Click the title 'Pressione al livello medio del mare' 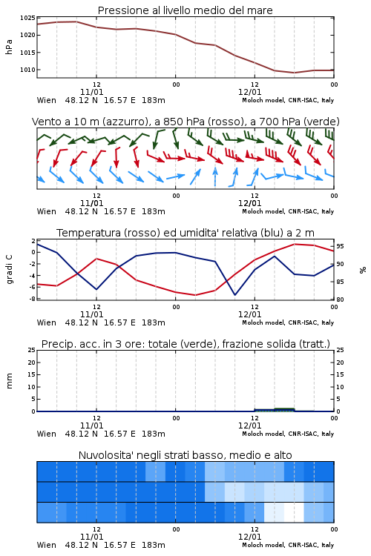(x=185, y=10)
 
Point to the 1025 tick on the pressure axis (x=27, y=18)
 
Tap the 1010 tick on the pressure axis (x=27, y=70)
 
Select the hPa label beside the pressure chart (x=9, y=47)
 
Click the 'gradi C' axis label (x=10, y=269)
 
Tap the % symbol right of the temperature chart (x=363, y=270)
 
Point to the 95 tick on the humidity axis (x=340, y=246)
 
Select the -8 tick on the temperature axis (x=33, y=299)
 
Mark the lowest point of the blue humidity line (x=235, y=294)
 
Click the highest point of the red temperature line (x=295, y=244)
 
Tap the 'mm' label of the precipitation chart (x=10, y=381)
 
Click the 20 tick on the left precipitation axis (x=32, y=363)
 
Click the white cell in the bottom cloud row (x=294, y=512)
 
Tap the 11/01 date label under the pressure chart (x=91, y=92)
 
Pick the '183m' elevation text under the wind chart (x=154, y=212)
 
